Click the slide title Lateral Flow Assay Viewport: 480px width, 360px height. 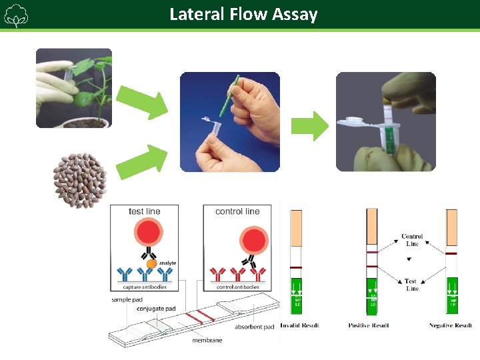coord(243,14)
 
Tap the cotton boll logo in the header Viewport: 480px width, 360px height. coord(15,15)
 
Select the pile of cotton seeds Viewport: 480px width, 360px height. coord(80,175)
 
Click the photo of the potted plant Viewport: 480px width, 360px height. coord(73,87)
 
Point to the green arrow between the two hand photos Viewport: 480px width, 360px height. coord(311,126)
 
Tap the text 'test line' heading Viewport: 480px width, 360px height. coord(145,211)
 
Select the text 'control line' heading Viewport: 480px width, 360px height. coord(237,211)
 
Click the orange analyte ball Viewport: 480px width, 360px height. coord(151,263)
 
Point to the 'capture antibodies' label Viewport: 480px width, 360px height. coord(145,287)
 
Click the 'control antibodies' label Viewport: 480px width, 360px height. coord(238,287)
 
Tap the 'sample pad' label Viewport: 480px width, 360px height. coord(127,300)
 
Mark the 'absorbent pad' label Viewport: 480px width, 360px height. coord(254,327)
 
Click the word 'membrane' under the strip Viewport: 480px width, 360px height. coord(207,340)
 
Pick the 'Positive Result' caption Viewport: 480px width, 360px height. coord(369,325)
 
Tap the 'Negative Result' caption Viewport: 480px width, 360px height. coord(450,325)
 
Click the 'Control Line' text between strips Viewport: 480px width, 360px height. coord(412,240)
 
